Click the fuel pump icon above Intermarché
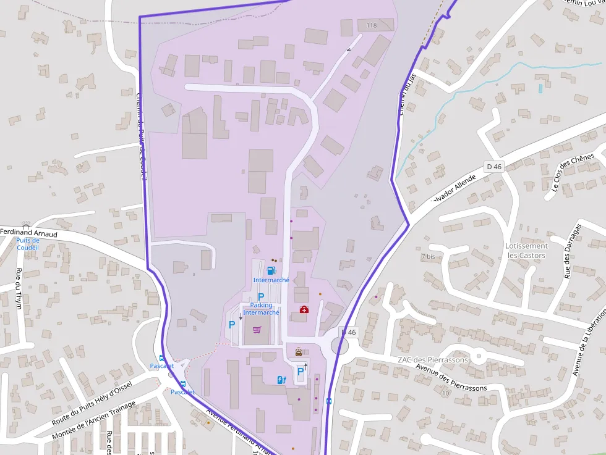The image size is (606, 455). point(270,270)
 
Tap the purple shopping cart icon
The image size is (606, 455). point(257,330)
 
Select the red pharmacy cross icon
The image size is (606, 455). point(304,309)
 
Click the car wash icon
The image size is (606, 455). point(299,353)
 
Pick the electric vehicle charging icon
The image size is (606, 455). point(281,380)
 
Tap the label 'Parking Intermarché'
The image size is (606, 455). point(262,309)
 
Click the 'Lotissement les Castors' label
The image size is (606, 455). point(526,250)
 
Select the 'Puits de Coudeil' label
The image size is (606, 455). point(28,244)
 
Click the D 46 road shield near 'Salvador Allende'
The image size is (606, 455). point(494,166)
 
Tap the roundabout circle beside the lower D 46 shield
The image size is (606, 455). point(340,346)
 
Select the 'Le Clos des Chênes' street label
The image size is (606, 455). point(573,172)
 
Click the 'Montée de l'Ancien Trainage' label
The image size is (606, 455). point(93,420)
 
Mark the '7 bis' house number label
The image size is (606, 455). point(428,256)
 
